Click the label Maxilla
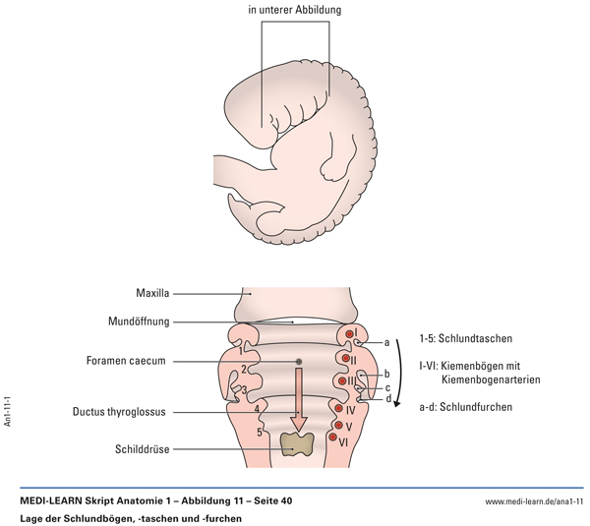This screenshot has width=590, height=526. point(154,293)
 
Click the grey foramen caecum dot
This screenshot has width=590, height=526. point(299,362)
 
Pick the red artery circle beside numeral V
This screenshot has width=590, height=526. point(336,427)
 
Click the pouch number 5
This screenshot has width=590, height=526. point(260,431)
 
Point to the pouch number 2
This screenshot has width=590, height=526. point(243,370)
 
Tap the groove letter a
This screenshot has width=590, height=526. point(387,342)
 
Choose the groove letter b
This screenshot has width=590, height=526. point(387,374)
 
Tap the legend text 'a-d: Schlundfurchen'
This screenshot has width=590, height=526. point(471,405)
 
